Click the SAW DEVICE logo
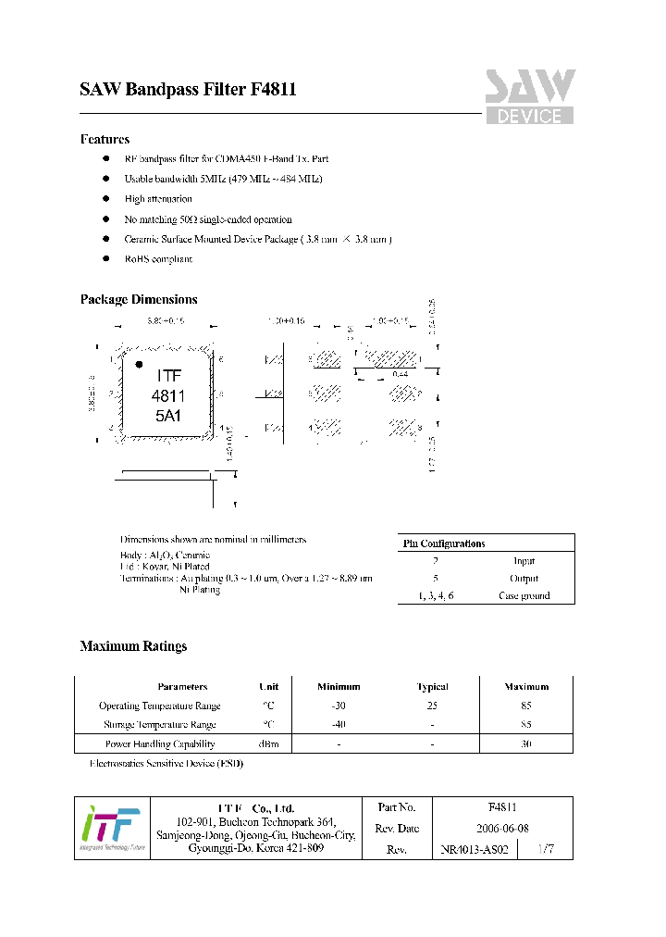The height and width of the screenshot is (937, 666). click(x=530, y=96)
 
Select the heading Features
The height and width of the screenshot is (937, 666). click(x=105, y=140)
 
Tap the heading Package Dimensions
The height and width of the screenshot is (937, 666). click(x=139, y=300)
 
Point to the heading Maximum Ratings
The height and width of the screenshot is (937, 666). click(x=133, y=646)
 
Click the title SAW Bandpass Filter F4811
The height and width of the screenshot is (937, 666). click(x=188, y=91)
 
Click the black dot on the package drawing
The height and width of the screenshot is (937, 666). click(x=140, y=364)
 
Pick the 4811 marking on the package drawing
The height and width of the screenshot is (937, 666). click(x=168, y=396)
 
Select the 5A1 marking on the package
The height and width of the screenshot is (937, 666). click(x=167, y=416)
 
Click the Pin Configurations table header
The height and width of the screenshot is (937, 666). click(x=444, y=543)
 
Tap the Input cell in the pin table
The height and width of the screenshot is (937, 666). click(x=524, y=561)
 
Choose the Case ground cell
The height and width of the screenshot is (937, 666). click(x=524, y=595)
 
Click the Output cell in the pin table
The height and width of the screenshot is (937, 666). click(x=524, y=579)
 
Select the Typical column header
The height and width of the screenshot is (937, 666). click(x=432, y=687)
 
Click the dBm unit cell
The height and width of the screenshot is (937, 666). click(x=268, y=743)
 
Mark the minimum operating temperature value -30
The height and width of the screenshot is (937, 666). click(x=339, y=706)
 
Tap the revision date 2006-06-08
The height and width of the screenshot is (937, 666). click(x=502, y=829)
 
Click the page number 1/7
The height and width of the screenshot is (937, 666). click(x=546, y=848)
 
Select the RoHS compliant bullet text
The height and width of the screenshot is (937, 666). click(x=158, y=259)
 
